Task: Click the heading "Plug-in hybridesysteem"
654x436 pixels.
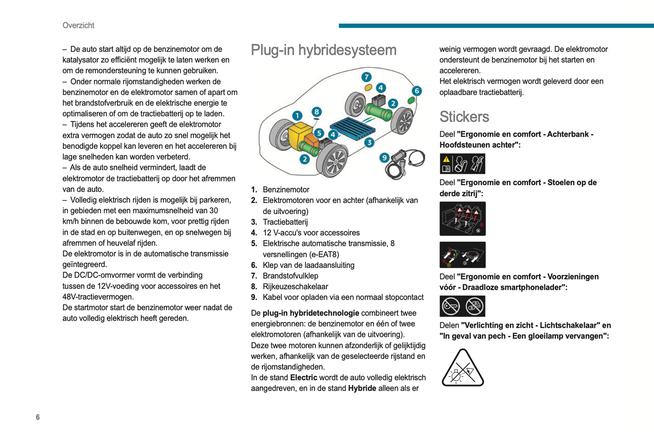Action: (x=323, y=50)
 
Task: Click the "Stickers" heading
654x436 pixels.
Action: (x=464, y=117)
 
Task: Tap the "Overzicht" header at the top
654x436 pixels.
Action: (x=78, y=25)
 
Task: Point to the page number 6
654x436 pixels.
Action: (x=38, y=417)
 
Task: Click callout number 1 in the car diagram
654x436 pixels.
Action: (x=297, y=116)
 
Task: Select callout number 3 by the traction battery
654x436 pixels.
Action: (x=369, y=143)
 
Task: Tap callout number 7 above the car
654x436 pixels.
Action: (x=366, y=77)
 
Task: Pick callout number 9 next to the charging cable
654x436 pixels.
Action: (x=384, y=158)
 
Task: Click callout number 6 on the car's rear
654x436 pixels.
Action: (x=416, y=91)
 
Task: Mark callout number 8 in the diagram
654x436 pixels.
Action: (x=316, y=112)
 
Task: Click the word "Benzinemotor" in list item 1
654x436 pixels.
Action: (x=286, y=190)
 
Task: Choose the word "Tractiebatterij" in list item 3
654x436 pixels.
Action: (x=285, y=222)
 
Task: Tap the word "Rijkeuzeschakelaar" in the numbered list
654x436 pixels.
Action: (x=295, y=287)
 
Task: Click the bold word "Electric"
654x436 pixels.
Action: (x=303, y=378)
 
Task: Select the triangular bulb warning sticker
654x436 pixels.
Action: (x=463, y=368)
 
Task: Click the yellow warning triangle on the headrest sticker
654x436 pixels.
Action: (x=446, y=159)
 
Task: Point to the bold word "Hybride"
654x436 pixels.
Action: (x=362, y=388)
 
